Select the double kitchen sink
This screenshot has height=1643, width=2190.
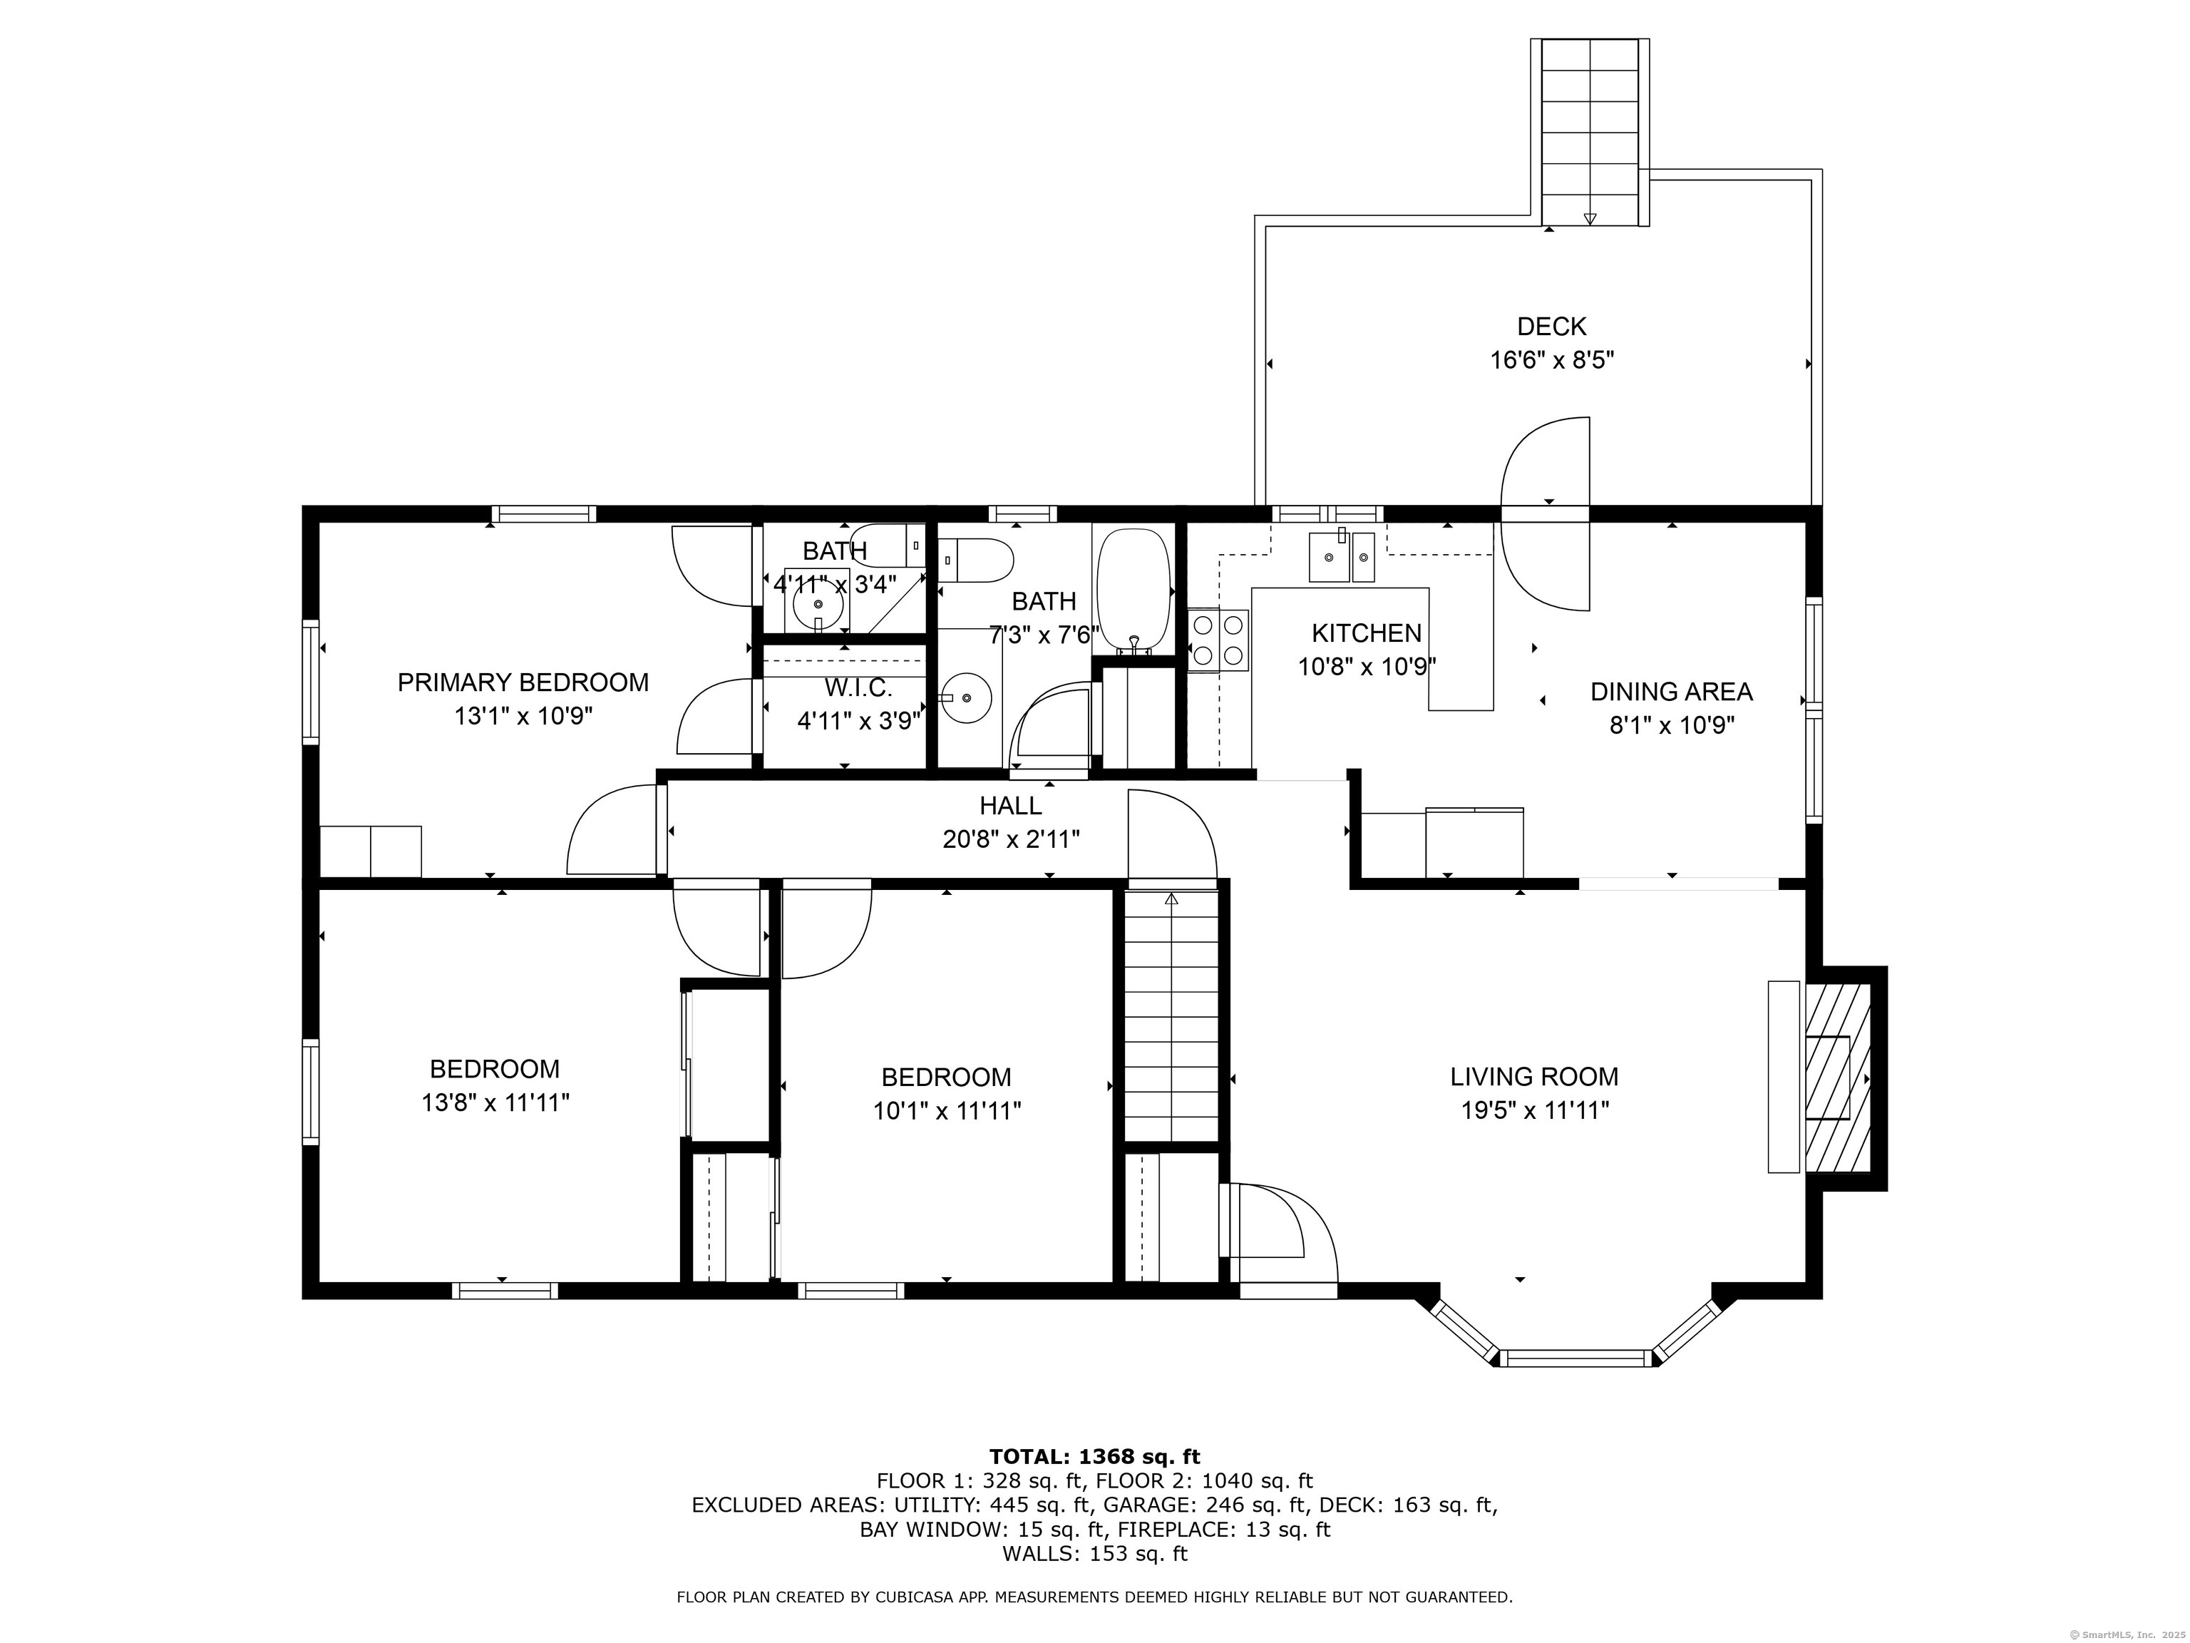pos(1342,556)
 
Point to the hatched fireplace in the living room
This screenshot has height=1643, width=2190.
pos(1838,1078)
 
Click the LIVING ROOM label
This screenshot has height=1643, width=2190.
pos(1535,1077)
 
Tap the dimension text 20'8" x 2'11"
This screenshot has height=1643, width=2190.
pos(1011,840)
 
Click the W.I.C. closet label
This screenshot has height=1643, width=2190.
pos(858,687)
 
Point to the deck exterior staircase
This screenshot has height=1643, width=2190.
pos(1590,133)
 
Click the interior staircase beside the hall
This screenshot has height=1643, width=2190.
pos(1171,1016)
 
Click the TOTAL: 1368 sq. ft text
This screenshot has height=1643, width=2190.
pos(1094,1457)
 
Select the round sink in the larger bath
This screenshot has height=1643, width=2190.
pos(965,697)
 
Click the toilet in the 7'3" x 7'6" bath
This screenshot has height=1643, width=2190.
pos(976,561)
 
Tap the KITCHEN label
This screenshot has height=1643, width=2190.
pos(1367,633)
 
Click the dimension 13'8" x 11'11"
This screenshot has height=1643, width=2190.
pos(495,1102)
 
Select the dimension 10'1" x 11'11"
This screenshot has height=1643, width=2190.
pos(947,1110)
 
